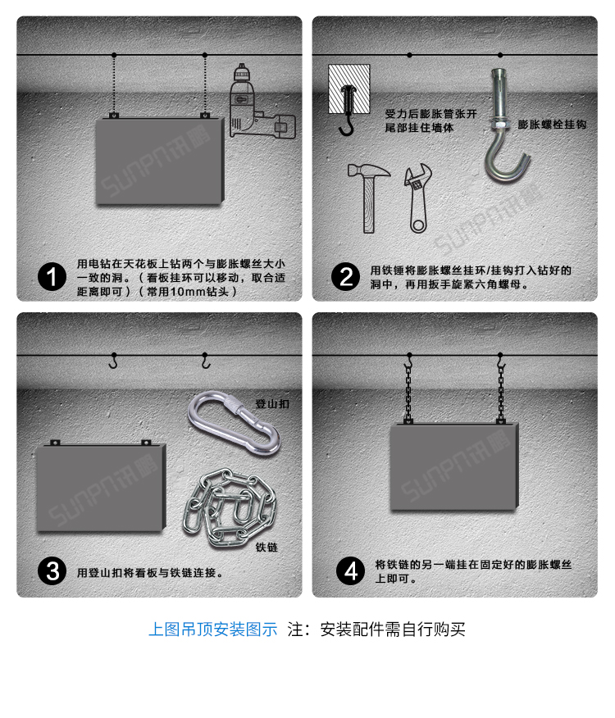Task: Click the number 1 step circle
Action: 52,277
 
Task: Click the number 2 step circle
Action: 345,277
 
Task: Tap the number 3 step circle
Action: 52,571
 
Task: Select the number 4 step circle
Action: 351,570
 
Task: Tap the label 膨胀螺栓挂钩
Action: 551,125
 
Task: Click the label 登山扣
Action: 271,404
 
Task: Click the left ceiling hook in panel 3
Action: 113,361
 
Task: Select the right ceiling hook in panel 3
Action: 206,361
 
